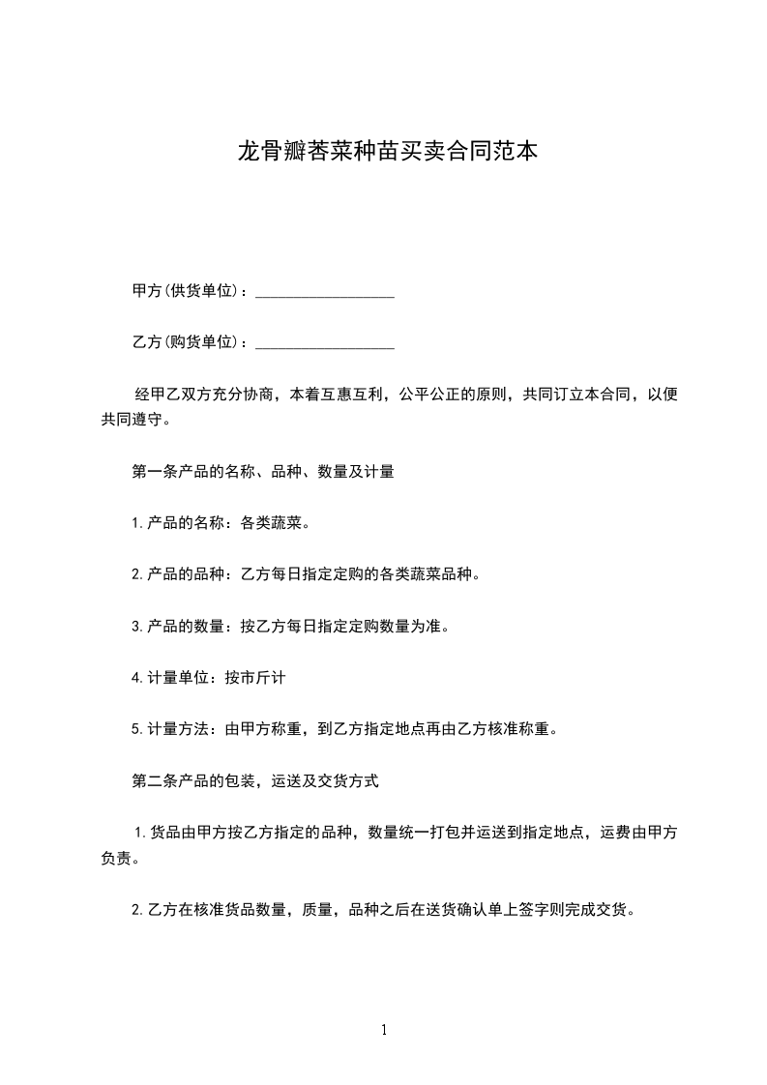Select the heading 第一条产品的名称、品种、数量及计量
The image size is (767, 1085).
[x=262, y=473]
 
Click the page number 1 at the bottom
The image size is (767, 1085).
[x=384, y=1031]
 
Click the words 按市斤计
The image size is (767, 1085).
[x=255, y=678]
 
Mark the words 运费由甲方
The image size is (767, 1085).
[x=637, y=832]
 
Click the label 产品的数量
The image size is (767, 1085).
[x=185, y=627]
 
